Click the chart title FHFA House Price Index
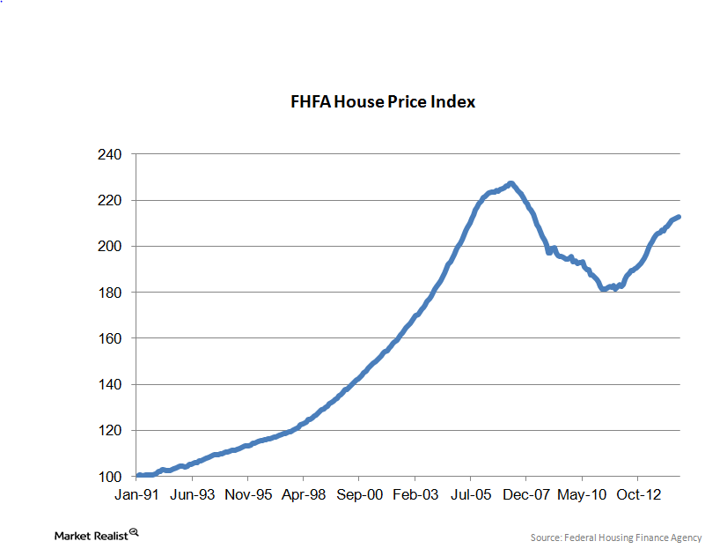coord(383,102)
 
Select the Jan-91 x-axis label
coord(136,495)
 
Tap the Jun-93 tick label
coord(192,495)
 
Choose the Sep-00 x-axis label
coord(360,495)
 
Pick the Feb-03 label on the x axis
coord(415,495)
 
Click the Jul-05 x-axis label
coord(472,495)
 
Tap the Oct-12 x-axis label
coord(639,495)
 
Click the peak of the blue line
coord(510,183)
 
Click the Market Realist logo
coord(96,534)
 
